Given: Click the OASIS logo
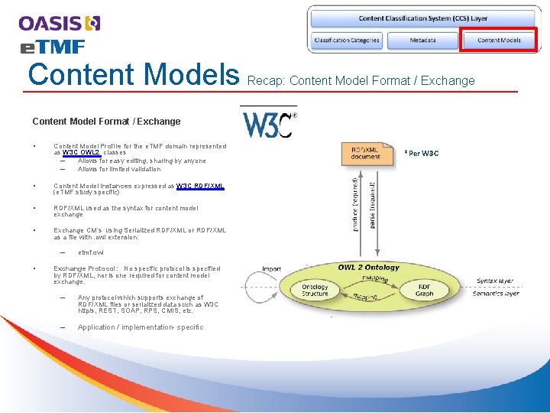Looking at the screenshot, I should click(60, 24).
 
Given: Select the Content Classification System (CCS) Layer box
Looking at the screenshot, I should click(423, 18).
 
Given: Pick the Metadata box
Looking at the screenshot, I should click(422, 40).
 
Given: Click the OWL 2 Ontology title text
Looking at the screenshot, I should click(368, 268).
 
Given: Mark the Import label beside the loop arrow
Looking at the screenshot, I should click(271, 268).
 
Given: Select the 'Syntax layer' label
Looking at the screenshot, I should click(496, 281).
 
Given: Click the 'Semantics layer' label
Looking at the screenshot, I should click(496, 294).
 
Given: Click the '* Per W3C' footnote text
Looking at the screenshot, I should click(422, 153).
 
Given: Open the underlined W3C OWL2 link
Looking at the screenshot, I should click(82, 152).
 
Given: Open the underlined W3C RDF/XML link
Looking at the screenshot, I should click(200, 186).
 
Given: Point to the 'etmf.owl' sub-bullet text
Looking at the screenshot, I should click(90, 252).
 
